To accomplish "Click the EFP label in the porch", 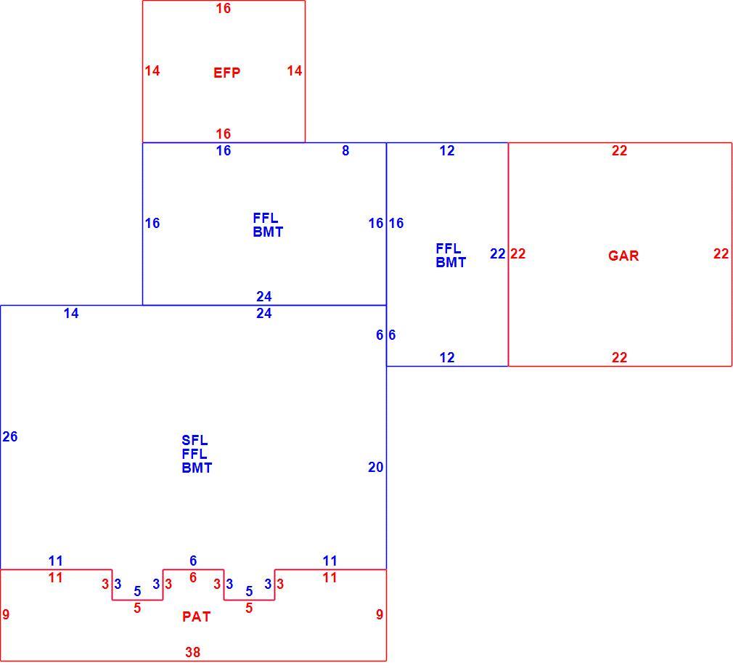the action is click(x=226, y=73).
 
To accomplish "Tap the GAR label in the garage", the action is click(x=623, y=256).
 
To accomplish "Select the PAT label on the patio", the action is click(x=197, y=616).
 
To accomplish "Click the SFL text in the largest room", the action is click(x=194, y=440).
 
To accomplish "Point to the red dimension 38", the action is click(x=192, y=651).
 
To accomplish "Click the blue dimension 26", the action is click(x=10, y=436).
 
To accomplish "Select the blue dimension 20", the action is click(x=375, y=467).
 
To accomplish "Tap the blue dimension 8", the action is click(x=345, y=150).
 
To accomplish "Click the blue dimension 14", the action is click(x=71, y=313).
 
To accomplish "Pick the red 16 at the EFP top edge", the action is click(x=223, y=8).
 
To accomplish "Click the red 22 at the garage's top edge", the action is click(x=619, y=150).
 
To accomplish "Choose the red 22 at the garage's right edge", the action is click(x=721, y=253).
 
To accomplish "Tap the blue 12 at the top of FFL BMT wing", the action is click(x=447, y=150).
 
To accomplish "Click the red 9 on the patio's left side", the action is click(x=6, y=614).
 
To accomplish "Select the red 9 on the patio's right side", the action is click(x=380, y=614).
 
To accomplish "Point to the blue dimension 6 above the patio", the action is click(x=193, y=561).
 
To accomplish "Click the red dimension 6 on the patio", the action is click(x=193, y=578).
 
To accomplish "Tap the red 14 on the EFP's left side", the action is click(x=152, y=70).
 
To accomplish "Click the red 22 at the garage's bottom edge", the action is click(x=619, y=357).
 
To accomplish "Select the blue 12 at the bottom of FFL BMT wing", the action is click(x=447, y=357).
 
